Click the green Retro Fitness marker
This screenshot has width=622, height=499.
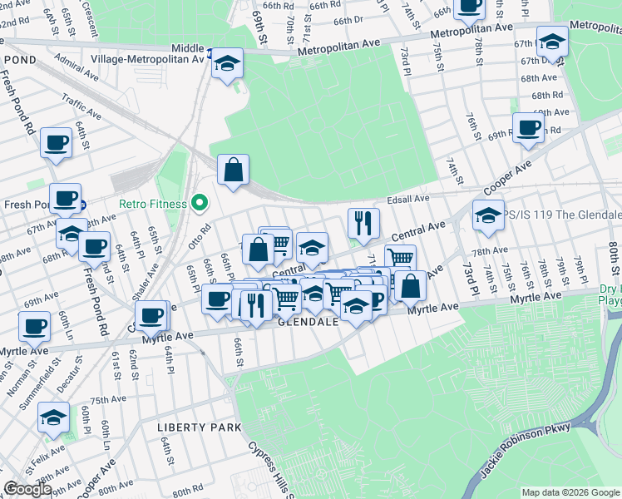coord(199,203)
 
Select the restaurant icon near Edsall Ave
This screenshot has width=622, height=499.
coord(363,221)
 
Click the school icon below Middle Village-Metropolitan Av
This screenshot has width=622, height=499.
coord(225,64)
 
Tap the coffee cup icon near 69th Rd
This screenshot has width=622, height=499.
coord(527,127)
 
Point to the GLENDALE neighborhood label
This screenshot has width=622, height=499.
coord(308,322)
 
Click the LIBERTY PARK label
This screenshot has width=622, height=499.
coord(199,427)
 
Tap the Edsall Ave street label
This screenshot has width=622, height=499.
coord(407,200)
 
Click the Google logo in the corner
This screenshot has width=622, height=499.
coord(28,489)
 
